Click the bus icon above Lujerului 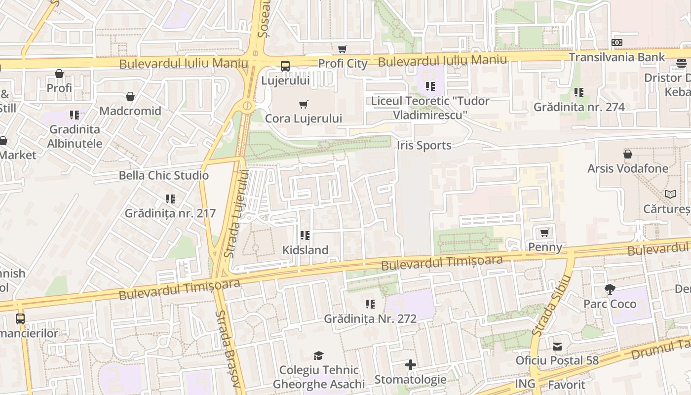pos(285,66)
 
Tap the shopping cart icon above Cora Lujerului pos(304,104)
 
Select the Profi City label pos(343,64)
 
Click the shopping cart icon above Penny pos(545,233)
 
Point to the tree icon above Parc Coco pos(610,290)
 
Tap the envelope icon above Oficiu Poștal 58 pos(557,347)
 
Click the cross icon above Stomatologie pos(410,365)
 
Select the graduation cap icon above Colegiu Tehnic pos(318,355)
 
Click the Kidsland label pos(305,250)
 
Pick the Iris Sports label pos(424,146)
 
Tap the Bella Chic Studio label pos(164,175)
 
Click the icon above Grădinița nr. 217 pos(170,199)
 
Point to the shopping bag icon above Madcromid pos(130,96)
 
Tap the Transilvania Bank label pos(617,57)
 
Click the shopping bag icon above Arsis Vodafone pos(628,155)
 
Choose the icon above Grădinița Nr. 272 pos(370,304)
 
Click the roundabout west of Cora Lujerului pos(247,106)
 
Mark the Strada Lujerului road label pos(236,213)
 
